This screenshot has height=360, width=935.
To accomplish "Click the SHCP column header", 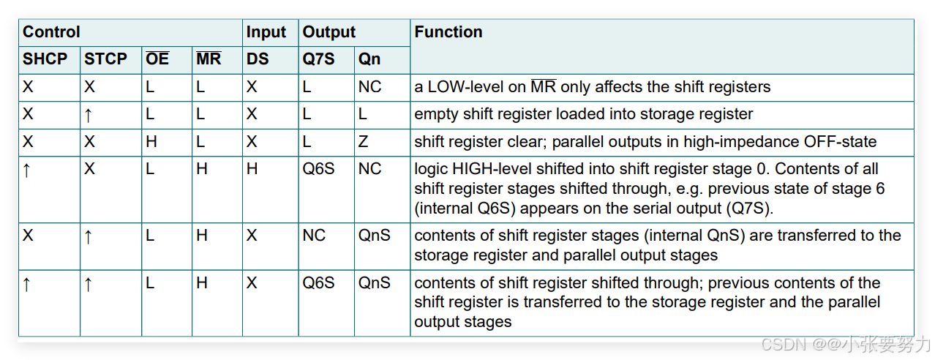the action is (x=45, y=59).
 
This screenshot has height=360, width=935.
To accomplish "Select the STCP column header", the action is (x=105, y=59).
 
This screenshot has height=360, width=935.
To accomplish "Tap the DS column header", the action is (x=258, y=59).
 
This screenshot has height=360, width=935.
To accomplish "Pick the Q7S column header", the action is (x=318, y=59).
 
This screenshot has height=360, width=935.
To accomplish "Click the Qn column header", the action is (x=369, y=59).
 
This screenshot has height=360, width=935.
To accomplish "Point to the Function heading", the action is (x=448, y=32).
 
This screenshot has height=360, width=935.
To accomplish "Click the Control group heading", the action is (x=51, y=32).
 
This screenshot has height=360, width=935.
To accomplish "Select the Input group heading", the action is (x=266, y=32).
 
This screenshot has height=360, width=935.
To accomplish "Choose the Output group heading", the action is (x=328, y=32).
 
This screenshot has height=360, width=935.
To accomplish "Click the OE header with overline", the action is (x=157, y=59).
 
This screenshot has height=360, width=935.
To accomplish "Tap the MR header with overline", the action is (x=209, y=59).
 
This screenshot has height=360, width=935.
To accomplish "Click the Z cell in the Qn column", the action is (x=364, y=142).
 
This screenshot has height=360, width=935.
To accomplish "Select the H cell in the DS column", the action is (x=252, y=169).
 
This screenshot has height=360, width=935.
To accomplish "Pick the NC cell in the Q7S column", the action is (x=314, y=236).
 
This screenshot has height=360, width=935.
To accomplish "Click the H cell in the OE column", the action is (x=151, y=142).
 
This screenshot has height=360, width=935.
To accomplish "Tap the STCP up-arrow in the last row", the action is (x=89, y=284).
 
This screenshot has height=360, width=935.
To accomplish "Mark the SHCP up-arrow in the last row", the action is (x=27, y=284).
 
